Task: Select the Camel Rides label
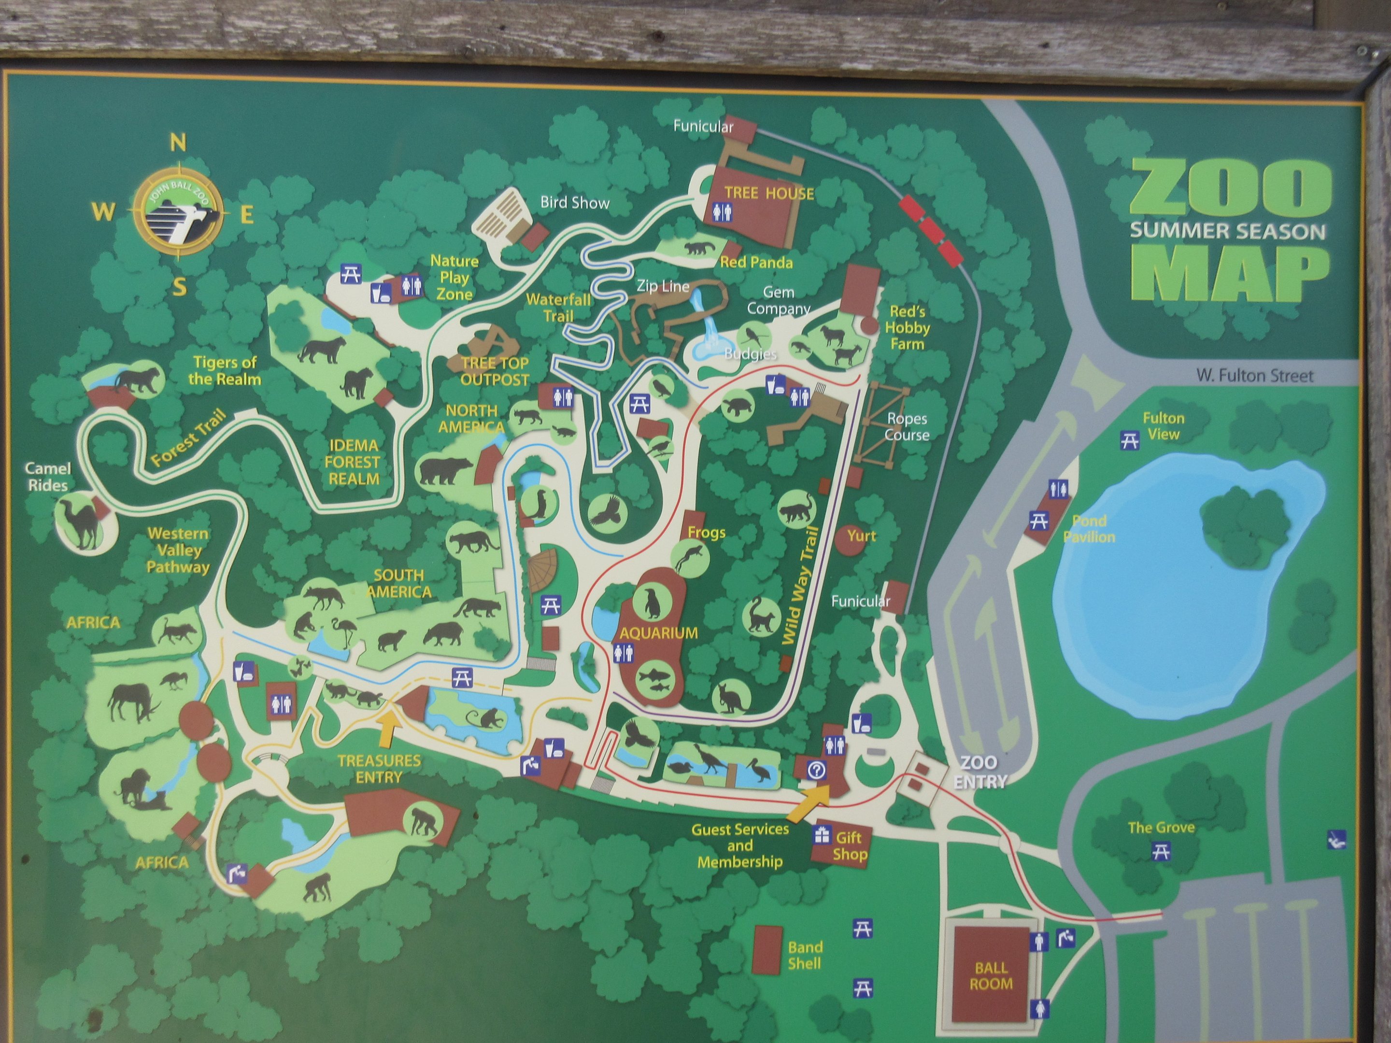(48, 477)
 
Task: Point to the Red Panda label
(756, 262)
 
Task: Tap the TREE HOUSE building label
(769, 194)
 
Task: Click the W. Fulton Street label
(1254, 376)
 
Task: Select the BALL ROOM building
(991, 976)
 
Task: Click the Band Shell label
(805, 955)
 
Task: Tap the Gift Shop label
(850, 846)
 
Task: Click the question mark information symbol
(818, 771)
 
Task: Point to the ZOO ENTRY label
(979, 772)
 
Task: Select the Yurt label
(861, 536)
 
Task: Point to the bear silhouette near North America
(445, 470)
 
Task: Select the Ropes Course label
(907, 426)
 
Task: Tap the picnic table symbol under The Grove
(1161, 852)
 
